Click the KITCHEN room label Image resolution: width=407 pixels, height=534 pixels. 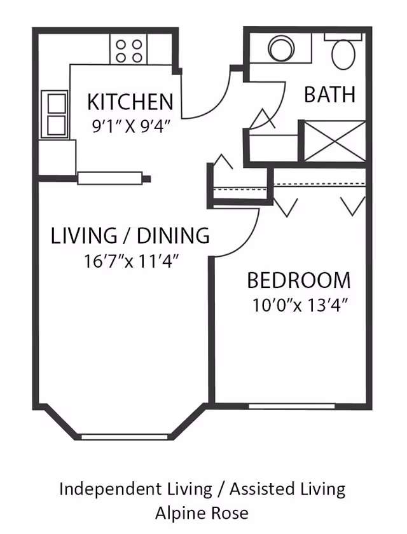(x=130, y=102)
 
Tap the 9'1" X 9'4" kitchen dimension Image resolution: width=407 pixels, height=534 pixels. (x=131, y=127)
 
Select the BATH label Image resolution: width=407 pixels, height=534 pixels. (x=329, y=94)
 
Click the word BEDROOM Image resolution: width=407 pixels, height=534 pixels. (x=299, y=280)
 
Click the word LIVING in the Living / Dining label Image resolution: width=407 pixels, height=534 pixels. (x=84, y=235)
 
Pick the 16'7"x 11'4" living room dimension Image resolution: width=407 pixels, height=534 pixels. (x=132, y=261)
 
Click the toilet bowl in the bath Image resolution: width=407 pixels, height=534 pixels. (x=343, y=55)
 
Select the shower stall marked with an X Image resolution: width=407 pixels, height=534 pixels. (x=335, y=140)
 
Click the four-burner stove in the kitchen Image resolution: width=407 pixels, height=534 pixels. (x=128, y=49)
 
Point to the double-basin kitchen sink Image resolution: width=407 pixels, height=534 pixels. (x=55, y=114)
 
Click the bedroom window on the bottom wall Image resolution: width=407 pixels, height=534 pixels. (x=291, y=406)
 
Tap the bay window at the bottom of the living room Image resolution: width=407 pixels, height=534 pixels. (x=125, y=437)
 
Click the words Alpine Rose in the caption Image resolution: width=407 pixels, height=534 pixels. (x=202, y=513)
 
